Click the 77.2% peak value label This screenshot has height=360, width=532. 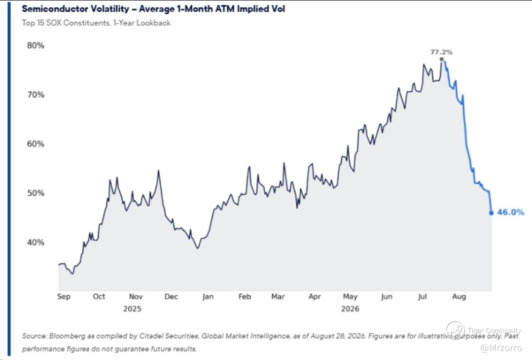coord(441,52)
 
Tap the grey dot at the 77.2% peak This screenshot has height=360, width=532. coord(441,59)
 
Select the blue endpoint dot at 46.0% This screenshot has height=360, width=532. coord(491,213)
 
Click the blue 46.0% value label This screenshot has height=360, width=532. coord(511,212)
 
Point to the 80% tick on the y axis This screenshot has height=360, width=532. coord(35,45)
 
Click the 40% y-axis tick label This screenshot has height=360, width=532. coord(35,242)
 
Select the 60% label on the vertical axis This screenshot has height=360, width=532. coord(35,144)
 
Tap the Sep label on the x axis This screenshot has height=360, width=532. coord(64,296)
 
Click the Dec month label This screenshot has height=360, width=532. coord(171,296)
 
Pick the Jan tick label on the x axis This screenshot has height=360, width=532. coord(208,296)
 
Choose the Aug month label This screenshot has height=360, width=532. coord(459,296)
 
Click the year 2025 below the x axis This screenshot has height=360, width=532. coord(132,309)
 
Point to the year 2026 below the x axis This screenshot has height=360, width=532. coord(350,309)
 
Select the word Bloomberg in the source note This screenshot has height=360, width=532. coord(67,336)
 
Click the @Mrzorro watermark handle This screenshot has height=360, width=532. coord(501,348)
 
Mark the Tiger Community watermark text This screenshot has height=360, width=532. coord(494,330)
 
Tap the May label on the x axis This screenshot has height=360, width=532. coord(350,296)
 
